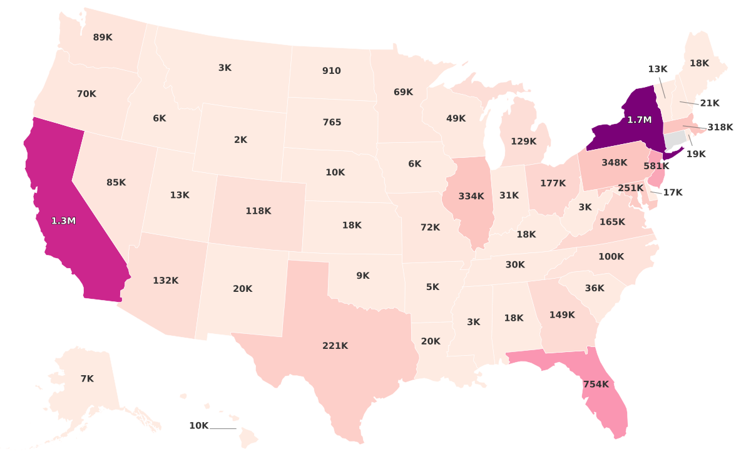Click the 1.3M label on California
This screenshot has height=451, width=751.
[x=63, y=220]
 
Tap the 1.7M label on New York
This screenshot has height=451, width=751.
[x=640, y=119]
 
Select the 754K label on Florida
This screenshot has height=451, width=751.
[x=595, y=384]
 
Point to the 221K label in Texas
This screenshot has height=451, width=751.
[x=335, y=345]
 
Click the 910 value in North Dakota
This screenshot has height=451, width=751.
[x=331, y=71]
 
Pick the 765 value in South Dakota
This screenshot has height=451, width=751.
[x=332, y=122]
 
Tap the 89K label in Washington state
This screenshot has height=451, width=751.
[x=103, y=37]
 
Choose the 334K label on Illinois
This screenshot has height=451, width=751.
[x=471, y=196]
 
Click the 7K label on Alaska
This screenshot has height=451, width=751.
[x=87, y=378]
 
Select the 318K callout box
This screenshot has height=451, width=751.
[x=720, y=127]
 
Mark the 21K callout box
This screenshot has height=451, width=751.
[x=710, y=103]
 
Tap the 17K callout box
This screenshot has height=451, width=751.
[x=673, y=192]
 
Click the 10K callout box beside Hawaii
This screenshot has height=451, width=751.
[x=198, y=426]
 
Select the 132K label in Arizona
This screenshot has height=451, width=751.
[x=166, y=280]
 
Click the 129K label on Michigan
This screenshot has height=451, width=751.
[x=523, y=141]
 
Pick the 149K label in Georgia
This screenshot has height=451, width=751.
[x=561, y=314]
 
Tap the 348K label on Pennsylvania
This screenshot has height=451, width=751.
[x=614, y=162]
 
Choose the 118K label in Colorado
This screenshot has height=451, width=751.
[x=258, y=211]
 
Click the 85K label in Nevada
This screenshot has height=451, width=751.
[x=116, y=182]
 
